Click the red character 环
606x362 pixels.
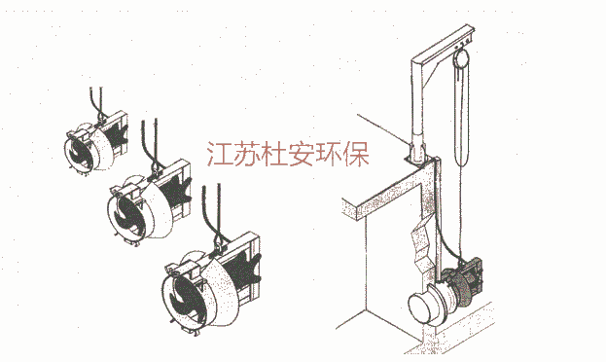pos(330,154)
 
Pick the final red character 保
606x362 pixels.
pos(356,154)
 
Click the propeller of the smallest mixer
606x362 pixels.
pos(80,155)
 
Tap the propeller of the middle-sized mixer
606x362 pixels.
pos(127,214)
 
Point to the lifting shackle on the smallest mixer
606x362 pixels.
pos(100,117)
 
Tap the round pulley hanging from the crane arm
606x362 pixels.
pos(461,58)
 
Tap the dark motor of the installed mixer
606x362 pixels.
pos(464,282)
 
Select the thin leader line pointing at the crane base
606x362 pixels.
pos(382,129)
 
